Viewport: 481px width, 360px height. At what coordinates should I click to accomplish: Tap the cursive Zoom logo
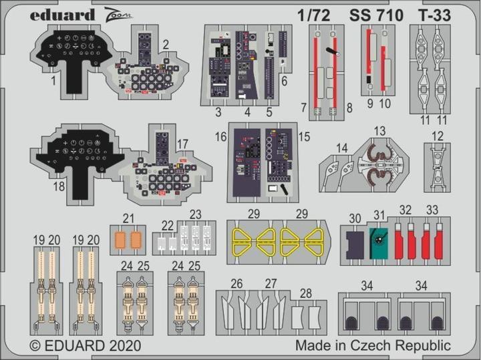coord(99,13)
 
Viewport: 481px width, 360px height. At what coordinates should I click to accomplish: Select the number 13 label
coord(379,130)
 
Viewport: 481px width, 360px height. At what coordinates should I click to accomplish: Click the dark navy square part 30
coord(355,242)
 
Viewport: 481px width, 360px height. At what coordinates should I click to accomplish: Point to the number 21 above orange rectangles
coord(129,217)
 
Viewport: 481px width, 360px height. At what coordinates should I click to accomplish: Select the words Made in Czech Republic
coord(373,345)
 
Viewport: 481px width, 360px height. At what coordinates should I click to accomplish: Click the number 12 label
coord(438,136)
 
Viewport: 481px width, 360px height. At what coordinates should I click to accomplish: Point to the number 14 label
coord(324,148)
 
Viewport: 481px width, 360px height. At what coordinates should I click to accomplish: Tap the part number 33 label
coord(432,210)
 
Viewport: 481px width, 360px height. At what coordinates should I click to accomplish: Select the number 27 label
coord(270,283)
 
